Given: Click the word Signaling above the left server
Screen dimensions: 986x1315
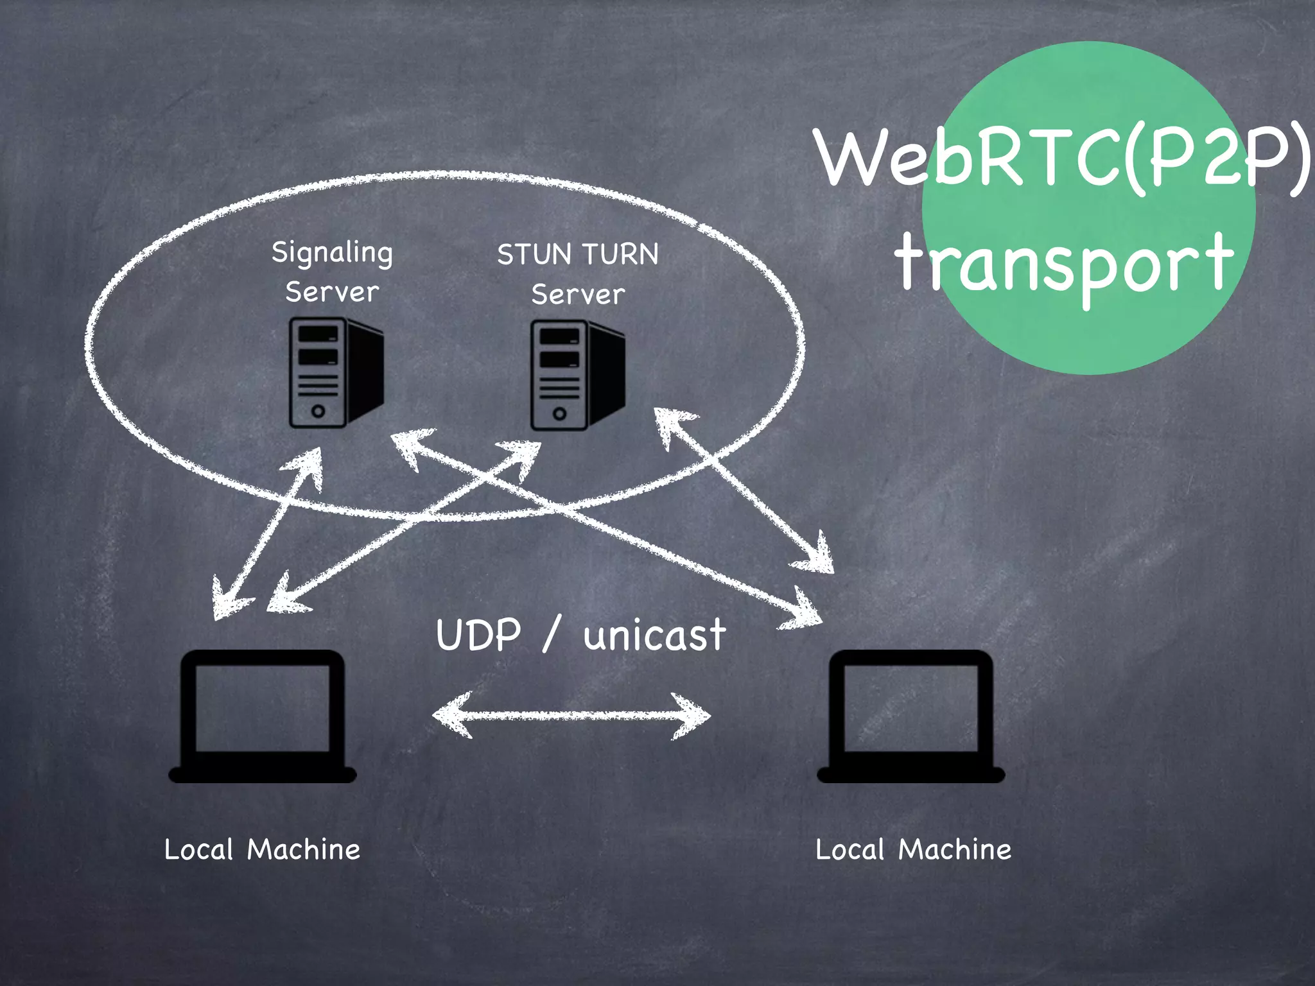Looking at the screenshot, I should [332, 252].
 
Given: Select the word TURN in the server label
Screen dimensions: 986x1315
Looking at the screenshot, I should [620, 255].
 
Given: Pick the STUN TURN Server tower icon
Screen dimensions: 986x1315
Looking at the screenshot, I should [577, 375].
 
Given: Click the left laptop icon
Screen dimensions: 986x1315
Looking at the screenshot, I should [262, 716].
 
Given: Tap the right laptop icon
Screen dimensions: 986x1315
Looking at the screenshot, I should [910, 716].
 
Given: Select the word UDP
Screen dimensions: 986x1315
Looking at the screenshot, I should [478, 636].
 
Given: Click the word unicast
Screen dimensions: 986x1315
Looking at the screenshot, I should [654, 636].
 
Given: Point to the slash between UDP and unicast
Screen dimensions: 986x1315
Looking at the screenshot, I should [552, 634].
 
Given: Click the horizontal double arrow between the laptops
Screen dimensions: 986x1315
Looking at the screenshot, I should [571, 715].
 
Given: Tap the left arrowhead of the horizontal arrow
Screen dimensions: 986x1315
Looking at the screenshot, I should [449, 714].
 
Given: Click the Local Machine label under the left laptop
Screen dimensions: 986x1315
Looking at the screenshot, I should [262, 849].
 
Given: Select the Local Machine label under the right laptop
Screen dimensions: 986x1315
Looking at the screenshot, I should [913, 849].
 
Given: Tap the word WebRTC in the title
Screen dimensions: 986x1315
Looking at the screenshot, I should [970, 157].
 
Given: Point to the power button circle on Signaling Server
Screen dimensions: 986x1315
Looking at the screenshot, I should [318, 411].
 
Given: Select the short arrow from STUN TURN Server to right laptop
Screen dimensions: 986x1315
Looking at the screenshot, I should [745, 491].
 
